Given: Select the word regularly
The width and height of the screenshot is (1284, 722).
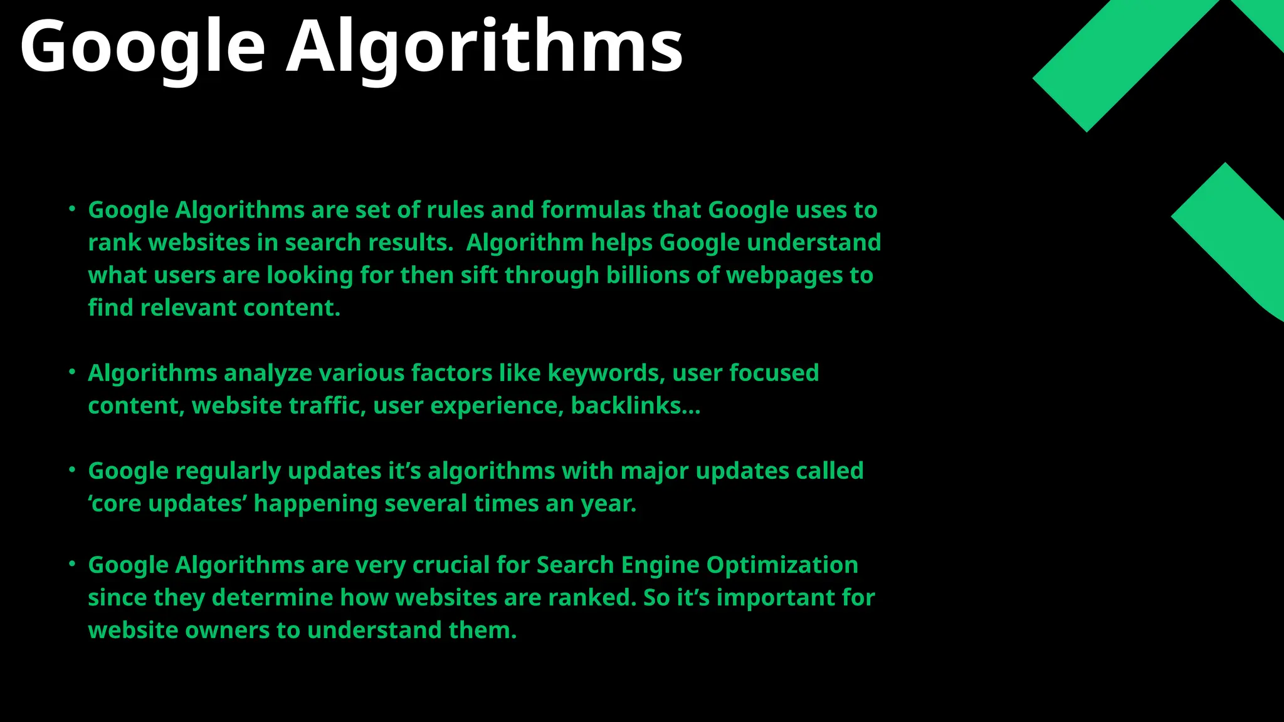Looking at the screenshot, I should pyautogui.click(x=228, y=471).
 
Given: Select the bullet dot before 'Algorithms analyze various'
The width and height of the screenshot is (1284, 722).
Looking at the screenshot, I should pyautogui.click(x=72, y=372).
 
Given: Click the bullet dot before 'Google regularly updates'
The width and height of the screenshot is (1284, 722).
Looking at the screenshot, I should pyautogui.click(x=72, y=470).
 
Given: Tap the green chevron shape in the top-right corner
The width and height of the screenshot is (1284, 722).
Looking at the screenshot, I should pyautogui.click(x=1129, y=63).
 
